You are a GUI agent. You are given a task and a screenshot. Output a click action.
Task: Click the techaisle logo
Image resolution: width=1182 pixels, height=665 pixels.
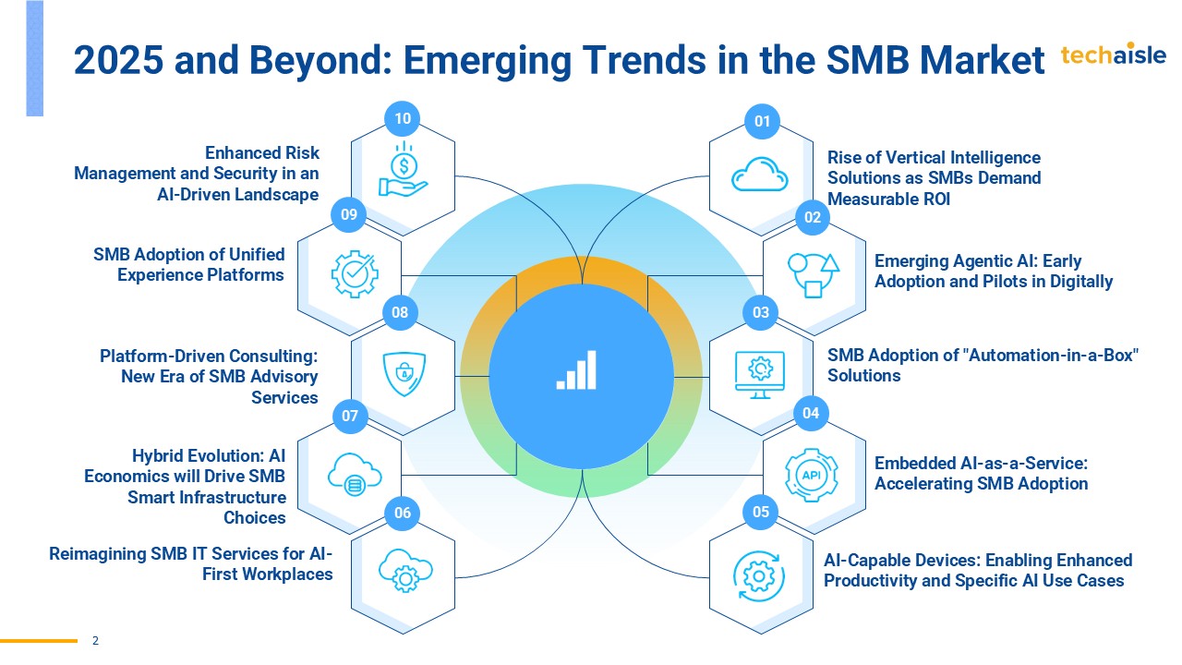click(x=1113, y=54)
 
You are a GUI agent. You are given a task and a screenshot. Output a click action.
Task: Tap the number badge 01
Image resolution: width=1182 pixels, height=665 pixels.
click(x=762, y=120)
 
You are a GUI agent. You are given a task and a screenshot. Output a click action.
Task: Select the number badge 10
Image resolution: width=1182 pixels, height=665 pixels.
click(x=403, y=118)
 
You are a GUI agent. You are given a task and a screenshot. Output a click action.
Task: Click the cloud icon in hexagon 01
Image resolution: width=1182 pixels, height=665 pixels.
click(x=759, y=175)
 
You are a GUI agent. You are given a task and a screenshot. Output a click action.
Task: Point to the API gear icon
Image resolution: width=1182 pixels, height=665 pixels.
click(x=811, y=474)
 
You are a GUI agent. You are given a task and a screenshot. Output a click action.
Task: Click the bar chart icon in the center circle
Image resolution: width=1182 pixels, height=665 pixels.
click(x=577, y=370)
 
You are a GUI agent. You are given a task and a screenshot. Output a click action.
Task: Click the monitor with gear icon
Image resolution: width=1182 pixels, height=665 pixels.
click(x=759, y=374)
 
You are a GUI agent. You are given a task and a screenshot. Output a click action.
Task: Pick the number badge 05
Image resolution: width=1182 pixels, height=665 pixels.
click(x=761, y=512)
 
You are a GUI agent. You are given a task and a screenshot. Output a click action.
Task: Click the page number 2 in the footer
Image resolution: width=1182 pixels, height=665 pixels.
click(x=95, y=640)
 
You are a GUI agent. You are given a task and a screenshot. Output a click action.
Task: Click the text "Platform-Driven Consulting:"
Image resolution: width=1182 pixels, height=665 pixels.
click(x=209, y=356)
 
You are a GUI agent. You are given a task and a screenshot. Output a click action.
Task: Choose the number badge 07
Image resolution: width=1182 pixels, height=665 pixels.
click(x=349, y=416)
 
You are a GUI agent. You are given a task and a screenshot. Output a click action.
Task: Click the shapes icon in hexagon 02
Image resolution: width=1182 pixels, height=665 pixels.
click(x=813, y=274)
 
